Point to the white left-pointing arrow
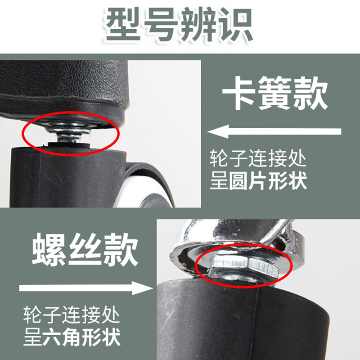click(x=274, y=132)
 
